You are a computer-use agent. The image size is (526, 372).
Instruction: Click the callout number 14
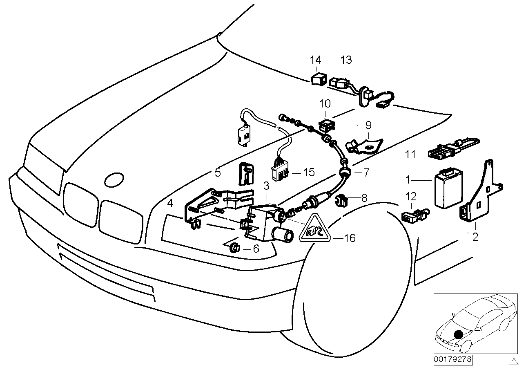tap(315, 60)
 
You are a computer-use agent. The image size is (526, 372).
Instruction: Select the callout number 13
tap(345, 60)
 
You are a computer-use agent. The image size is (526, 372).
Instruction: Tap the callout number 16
tap(350, 238)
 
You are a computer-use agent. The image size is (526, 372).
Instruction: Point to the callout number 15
tap(309, 172)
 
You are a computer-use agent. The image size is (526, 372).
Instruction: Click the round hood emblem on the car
tap(114, 179)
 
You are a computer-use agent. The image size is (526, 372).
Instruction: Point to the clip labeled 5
tap(245, 174)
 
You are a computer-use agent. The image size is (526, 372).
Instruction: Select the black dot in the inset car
tap(459, 334)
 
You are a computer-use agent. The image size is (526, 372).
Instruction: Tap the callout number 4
tap(170, 202)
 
